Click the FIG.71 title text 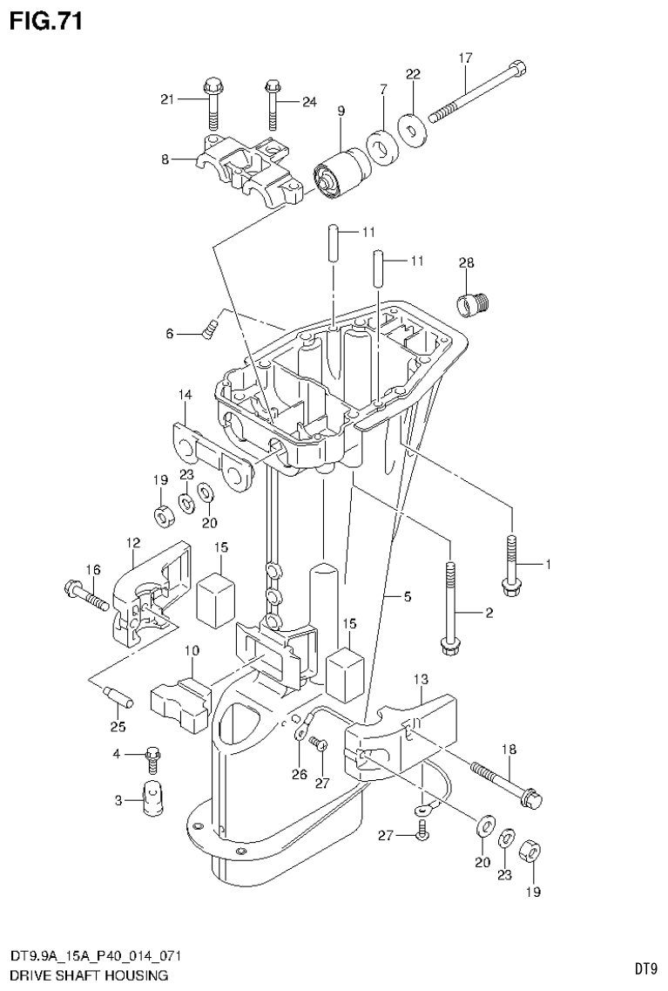(x=46, y=21)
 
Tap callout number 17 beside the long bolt (x=465, y=58)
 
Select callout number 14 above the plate (x=185, y=396)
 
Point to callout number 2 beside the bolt (x=489, y=614)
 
